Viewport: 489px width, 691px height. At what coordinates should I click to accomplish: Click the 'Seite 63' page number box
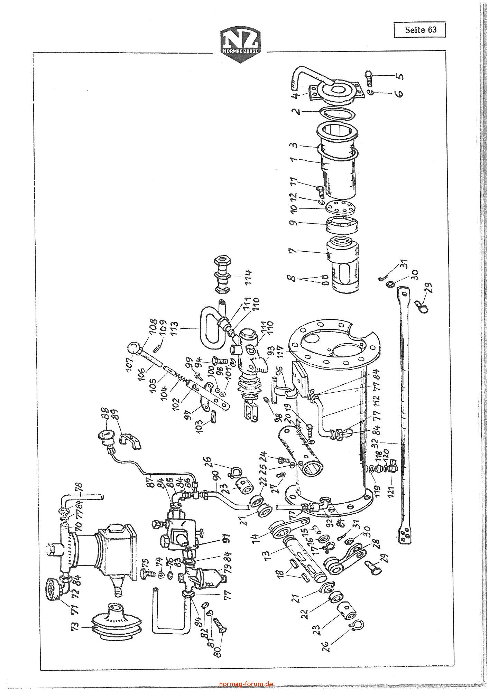420,30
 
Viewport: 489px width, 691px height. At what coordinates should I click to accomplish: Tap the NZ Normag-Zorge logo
241,45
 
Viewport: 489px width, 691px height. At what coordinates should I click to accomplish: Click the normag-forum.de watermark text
246,684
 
